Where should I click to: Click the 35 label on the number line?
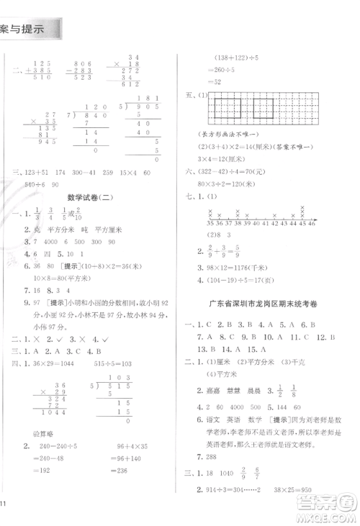click(x=210, y=224)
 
